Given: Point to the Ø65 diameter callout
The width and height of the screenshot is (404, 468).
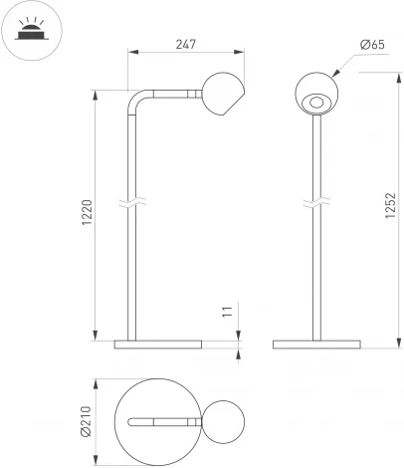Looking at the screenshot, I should (374, 45).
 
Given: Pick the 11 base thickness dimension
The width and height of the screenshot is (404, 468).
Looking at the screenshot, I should (228, 312).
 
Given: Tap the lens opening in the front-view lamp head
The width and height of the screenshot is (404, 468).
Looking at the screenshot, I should (316, 101).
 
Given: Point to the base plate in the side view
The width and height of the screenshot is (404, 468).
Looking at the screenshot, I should (157, 345).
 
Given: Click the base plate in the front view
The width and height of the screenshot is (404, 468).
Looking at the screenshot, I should (316, 345).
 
